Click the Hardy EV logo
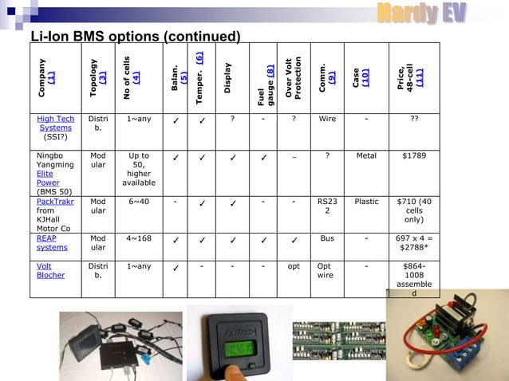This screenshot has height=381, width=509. pos(420,14)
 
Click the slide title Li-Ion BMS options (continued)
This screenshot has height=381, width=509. pos(135,37)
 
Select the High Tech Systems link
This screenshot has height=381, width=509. pos(55,124)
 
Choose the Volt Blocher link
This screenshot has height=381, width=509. pos(51,270)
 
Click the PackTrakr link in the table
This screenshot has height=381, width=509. pos(56,201)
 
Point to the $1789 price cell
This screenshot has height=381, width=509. pos(414,155)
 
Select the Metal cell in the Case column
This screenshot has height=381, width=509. pos(366,155)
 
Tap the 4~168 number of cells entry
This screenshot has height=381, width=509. pos(139,238)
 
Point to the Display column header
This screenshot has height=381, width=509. pos(228,78)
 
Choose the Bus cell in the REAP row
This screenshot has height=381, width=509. pos(327,238)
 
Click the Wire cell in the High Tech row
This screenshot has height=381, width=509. pos(327,119)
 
